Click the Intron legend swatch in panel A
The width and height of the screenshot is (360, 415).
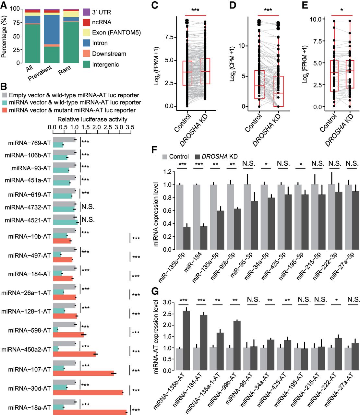86,43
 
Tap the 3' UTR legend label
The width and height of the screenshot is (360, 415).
102,12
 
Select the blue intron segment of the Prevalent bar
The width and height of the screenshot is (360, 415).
52,29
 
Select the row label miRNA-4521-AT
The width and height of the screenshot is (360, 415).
28,220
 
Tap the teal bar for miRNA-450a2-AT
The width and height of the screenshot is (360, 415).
56,349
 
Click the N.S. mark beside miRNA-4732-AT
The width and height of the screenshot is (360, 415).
88,207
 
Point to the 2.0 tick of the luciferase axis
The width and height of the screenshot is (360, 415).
96,127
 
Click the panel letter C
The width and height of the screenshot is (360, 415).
155,5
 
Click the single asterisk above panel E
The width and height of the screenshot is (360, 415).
342,10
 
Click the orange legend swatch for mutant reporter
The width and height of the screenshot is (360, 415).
5,110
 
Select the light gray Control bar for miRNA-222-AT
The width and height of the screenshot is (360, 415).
331,359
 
